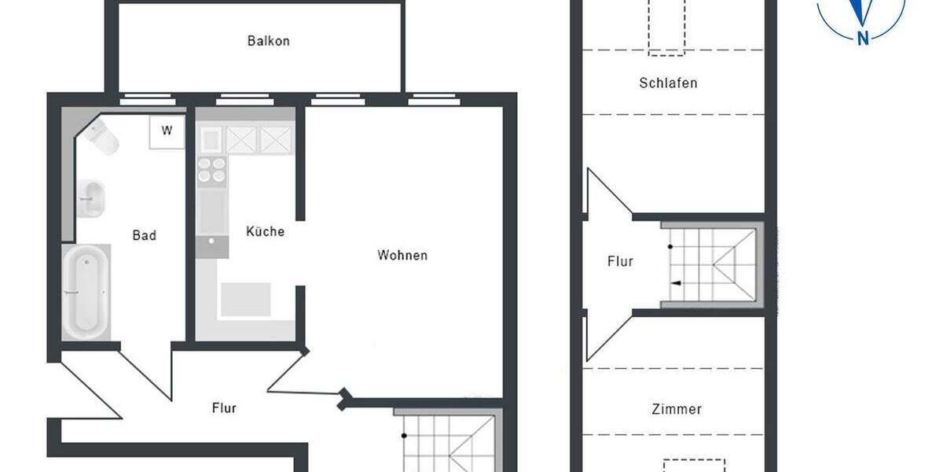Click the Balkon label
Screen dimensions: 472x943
[269, 41]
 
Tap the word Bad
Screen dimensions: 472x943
[144, 235]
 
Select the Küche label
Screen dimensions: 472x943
[265, 232]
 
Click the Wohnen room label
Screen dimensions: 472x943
[402, 255]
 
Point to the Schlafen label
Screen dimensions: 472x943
[668, 83]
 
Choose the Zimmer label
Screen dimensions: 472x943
[677, 409]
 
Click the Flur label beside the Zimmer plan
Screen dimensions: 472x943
[620, 261]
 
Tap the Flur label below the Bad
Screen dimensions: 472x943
[224, 408]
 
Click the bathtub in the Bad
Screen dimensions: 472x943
[86, 291]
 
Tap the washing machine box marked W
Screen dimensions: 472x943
[167, 131]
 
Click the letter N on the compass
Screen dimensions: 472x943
[863, 37]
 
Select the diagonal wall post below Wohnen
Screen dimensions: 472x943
[343, 400]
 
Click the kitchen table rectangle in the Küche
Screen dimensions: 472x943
[245, 300]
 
